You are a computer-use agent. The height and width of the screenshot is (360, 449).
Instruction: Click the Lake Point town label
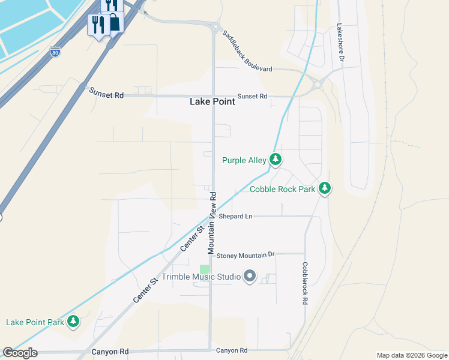pyautogui.click(x=212, y=101)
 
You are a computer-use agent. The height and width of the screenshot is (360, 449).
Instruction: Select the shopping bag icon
pyautogui.click(x=113, y=22)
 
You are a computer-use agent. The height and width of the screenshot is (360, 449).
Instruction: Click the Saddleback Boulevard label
pyautogui.click(x=247, y=52)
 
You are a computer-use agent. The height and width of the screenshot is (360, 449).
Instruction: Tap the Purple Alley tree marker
pyautogui.click(x=275, y=160)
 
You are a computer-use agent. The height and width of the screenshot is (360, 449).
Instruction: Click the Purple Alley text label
pyautogui.click(x=244, y=160)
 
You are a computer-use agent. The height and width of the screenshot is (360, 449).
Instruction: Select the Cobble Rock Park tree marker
pyautogui.click(x=324, y=188)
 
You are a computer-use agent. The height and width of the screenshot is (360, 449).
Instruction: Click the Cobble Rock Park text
pyautogui.click(x=282, y=189)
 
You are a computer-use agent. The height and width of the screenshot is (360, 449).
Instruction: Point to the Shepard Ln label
pyautogui.click(x=235, y=216)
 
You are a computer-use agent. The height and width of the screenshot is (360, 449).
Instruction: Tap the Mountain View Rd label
pyautogui.click(x=211, y=223)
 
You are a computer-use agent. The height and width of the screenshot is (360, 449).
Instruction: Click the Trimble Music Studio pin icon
pyautogui.click(x=250, y=277)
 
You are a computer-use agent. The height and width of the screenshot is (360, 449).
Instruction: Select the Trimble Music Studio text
pyautogui.click(x=200, y=277)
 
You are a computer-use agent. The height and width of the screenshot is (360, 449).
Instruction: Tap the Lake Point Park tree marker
pyautogui.click(x=73, y=322)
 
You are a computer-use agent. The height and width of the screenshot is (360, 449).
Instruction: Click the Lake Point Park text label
pyautogui.click(x=35, y=322)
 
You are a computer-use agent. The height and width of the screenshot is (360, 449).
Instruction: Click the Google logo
pyautogui.click(x=20, y=353)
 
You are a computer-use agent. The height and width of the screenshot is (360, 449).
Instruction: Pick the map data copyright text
pyautogui.click(x=411, y=355)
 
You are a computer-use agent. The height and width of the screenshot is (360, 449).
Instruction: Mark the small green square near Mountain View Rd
pyautogui.click(x=205, y=270)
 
